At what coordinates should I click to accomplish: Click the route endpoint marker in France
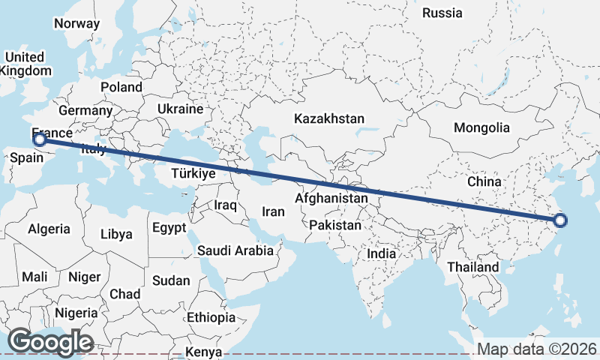pos(40,139)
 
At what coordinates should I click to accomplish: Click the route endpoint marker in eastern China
pos(560,220)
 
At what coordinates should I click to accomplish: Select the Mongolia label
pos(481,127)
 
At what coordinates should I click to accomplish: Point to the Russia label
pos(443,13)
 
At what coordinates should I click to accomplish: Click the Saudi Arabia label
pos(235,250)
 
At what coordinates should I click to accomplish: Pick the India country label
pos(381,254)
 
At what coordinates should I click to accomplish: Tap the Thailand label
pos(472,267)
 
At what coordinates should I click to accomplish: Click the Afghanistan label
pos(331,199)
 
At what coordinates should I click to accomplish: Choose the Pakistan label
pos(337,225)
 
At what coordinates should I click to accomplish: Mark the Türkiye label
pos(193,173)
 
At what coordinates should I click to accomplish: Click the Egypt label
pos(169,227)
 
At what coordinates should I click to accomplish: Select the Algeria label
pos(49,229)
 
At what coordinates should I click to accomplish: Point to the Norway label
pos(76,23)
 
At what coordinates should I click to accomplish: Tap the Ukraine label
pos(180,109)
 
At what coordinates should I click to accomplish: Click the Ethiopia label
pos(211,317)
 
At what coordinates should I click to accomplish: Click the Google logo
pos(50,342)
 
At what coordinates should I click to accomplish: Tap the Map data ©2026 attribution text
pos(537,349)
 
